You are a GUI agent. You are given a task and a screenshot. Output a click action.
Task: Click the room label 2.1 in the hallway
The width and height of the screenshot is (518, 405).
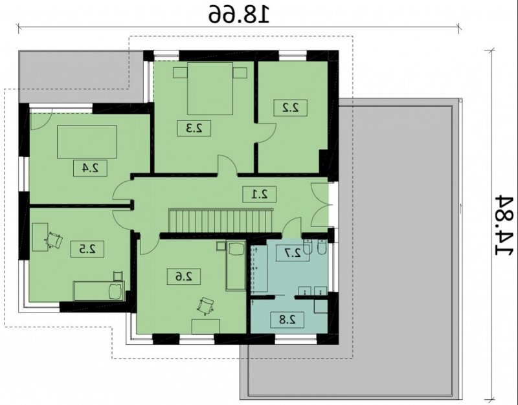click(x=260, y=195)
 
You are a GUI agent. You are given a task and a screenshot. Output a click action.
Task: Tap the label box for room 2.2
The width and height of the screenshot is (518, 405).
click(x=291, y=108)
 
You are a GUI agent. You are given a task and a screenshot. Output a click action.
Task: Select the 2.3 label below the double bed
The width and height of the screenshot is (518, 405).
click(x=194, y=128)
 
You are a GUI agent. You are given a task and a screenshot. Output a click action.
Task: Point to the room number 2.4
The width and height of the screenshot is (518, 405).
click(x=90, y=168)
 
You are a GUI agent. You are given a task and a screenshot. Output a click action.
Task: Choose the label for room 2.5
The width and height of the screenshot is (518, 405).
click(x=87, y=249)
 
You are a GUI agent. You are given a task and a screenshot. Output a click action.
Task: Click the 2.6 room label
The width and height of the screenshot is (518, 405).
click(x=184, y=277)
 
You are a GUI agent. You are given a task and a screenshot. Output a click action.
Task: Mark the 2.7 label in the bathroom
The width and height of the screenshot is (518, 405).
click(x=293, y=253)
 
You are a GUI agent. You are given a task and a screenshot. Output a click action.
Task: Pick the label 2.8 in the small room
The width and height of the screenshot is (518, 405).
click(x=287, y=320)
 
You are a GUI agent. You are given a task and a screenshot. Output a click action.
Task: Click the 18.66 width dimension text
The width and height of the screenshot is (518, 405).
click(x=239, y=14)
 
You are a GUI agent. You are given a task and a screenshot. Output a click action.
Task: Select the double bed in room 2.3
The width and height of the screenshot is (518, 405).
click(x=210, y=89)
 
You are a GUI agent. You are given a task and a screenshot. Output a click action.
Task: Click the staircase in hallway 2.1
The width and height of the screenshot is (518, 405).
click(x=221, y=220)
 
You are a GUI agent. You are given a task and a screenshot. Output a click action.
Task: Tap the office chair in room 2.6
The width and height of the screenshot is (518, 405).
click(x=205, y=306)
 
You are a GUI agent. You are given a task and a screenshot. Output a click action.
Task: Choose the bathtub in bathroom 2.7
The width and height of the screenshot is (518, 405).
click(x=259, y=268)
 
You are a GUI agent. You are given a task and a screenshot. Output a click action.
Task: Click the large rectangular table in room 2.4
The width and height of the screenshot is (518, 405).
click(x=87, y=142)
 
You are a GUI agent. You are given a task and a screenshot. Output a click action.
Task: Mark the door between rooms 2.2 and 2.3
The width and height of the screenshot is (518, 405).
click(x=265, y=133)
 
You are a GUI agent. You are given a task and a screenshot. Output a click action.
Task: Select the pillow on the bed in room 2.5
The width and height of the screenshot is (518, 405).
click(x=115, y=290)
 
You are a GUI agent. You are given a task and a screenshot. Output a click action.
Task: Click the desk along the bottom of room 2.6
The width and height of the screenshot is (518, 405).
click(x=206, y=326)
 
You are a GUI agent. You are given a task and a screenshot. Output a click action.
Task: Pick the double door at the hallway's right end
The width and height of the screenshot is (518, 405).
click(x=320, y=205)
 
